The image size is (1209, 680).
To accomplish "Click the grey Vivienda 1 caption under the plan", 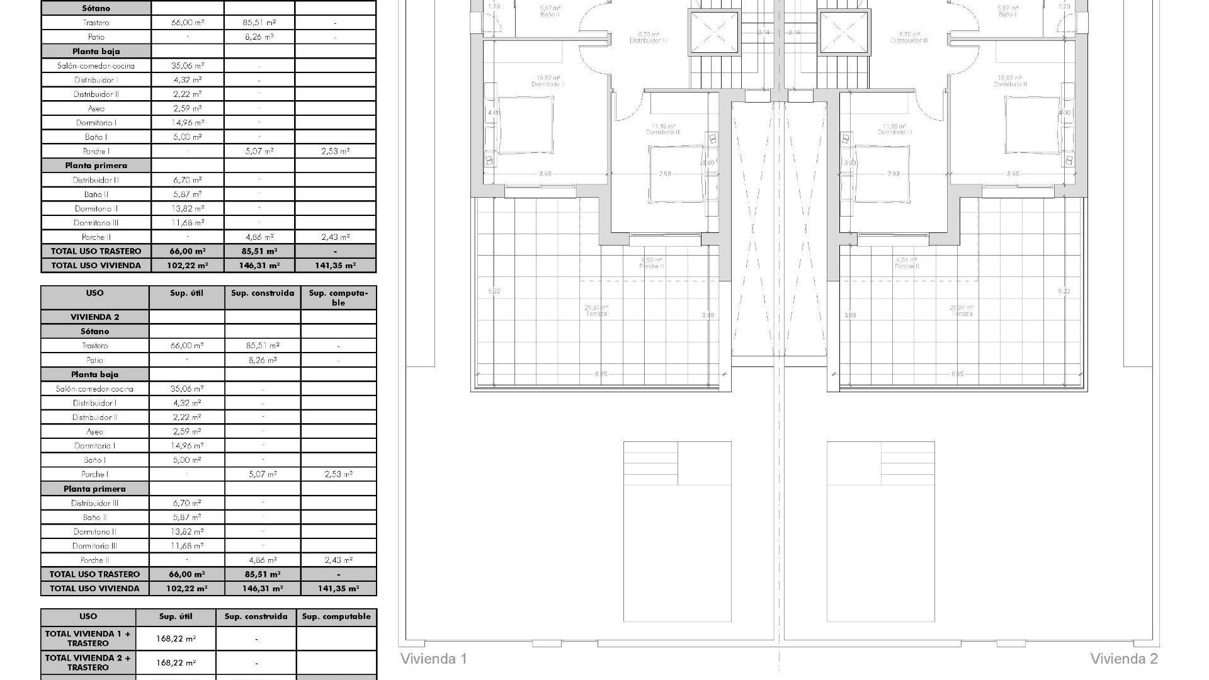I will [434, 659].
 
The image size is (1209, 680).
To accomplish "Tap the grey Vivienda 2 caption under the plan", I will [1124, 659].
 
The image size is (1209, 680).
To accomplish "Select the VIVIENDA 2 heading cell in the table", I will [95, 317].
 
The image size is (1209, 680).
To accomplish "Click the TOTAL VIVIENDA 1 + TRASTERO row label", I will [88, 638].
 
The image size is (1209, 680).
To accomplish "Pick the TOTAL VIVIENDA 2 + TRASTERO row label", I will [88, 662].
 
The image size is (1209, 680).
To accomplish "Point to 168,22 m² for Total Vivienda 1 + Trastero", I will [176, 638].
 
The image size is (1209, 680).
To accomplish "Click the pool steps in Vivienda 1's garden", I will [650, 463].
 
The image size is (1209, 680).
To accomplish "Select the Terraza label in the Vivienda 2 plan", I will [962, 314].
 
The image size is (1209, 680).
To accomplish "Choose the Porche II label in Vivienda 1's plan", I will [651, 266].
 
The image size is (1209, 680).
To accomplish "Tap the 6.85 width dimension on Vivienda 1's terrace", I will [601, 374].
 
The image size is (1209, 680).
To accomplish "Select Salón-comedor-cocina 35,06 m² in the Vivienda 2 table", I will [186, 389].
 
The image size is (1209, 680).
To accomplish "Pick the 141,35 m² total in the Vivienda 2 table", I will [338, 589].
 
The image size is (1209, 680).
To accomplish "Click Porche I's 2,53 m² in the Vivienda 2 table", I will [338, 475].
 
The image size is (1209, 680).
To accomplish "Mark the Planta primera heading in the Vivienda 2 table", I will [94, 489].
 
